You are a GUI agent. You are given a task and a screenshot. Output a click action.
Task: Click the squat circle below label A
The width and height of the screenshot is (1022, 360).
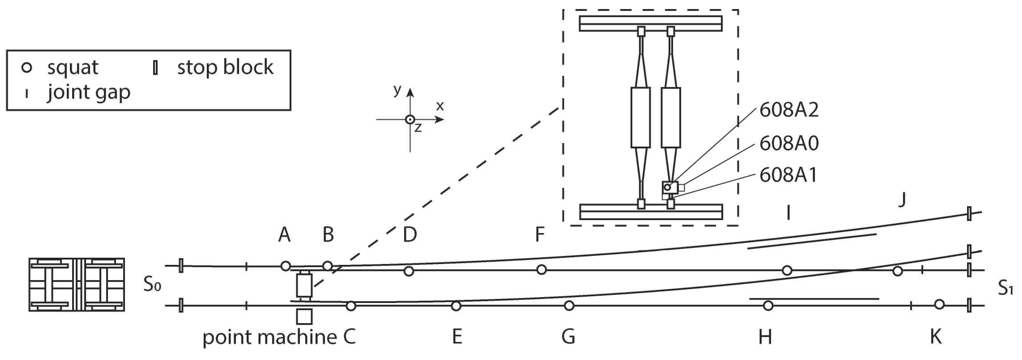tap(285, 266)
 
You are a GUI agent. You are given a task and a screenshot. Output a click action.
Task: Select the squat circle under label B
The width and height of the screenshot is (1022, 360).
tap(327, 266)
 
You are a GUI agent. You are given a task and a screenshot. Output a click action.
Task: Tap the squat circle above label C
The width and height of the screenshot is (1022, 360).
tap(351, 306)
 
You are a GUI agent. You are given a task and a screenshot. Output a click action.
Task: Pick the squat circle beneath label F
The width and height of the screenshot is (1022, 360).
tap(541, 270)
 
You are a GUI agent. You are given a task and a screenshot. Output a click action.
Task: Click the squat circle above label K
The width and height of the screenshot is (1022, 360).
tap(939, 304)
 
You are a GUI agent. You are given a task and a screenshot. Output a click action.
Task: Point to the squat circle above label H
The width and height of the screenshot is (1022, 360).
tap(768, 306)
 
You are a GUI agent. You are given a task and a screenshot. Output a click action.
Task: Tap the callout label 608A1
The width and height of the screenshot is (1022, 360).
tap(789, 175)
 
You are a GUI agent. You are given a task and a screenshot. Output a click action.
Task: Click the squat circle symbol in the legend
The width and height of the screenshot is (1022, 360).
tap(27, 68)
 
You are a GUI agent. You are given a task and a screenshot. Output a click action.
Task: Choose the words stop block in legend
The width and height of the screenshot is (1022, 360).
tap(225, 67)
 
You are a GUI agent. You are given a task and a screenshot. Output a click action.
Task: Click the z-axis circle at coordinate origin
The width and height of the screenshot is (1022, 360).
tap(410, 120)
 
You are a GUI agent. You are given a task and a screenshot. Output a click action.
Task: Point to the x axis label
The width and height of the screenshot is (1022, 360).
tap(439, 106)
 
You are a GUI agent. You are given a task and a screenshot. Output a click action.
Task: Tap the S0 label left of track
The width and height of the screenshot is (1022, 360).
tap(152, 285)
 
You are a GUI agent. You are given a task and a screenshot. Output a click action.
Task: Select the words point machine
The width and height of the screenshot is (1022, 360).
tap(270, 337)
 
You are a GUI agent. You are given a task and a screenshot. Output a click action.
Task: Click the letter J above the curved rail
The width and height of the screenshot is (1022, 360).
tap(902, 199)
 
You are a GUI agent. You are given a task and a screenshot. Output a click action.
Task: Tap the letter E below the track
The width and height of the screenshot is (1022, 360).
tap(457, 336)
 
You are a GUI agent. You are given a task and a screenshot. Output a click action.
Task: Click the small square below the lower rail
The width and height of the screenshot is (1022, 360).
tap(304, 317)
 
